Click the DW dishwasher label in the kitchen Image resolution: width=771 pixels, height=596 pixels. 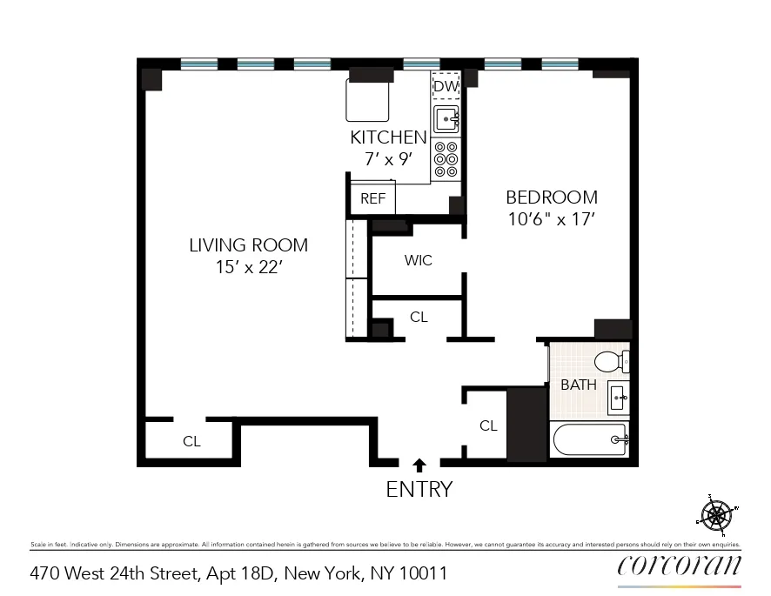pyautogui.click(x=446, y=86)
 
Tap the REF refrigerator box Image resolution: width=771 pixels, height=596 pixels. pyautogui.click(x=372, y=198)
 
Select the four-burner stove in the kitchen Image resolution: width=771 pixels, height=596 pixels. pyautogui.click(x=446, y=160)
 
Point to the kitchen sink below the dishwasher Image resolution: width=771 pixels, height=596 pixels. pyautogui.click(x=446, y=118)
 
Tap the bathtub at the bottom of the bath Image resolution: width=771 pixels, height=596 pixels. pyautogui.click(x=589, y=440)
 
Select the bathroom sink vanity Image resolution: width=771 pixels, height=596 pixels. pyautogui.click(x=618, y=398)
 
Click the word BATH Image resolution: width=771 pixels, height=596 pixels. pyautogui.click(x=578, y=385)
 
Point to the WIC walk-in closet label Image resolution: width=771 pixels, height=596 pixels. pyautogui.click(x=418, y=260)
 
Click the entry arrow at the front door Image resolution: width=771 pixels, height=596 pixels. pyautogui.click(x=419, y=465)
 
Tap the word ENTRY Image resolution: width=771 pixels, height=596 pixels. pyautogui.click(x=419, y=490)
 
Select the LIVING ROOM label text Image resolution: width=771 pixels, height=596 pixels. pyautogui.click(x=248, y=245)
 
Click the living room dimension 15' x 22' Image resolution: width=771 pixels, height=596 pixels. pyautogui.click(x=248, y=268)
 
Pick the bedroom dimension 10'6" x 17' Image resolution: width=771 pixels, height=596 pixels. pyautogui.click(x=552, y=220)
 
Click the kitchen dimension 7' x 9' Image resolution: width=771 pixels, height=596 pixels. pyautogui.click(x=388, y=159)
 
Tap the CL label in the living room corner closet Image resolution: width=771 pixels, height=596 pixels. pyautogui.click(x=191, y=441)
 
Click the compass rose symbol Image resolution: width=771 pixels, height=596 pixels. pyautogui.click(x=717, y=514)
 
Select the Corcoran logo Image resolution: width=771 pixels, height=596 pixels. pyautogui.click(x=679, y=566)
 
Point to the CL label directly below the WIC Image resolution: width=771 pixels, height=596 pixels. pyautogui.click(x=419, y=317)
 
